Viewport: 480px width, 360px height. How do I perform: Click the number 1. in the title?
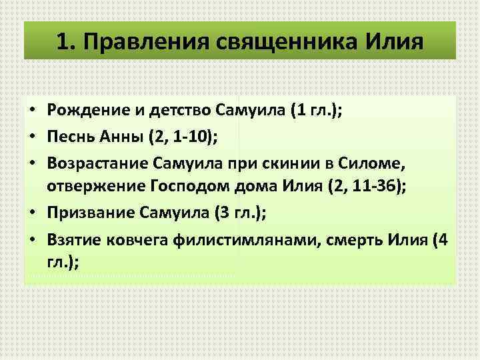click(66, 41)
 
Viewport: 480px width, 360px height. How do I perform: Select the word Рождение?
click(83, 110)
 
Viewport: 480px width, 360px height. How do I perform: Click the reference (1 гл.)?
click(315, 110)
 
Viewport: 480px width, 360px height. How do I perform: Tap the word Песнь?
click(69, 136)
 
